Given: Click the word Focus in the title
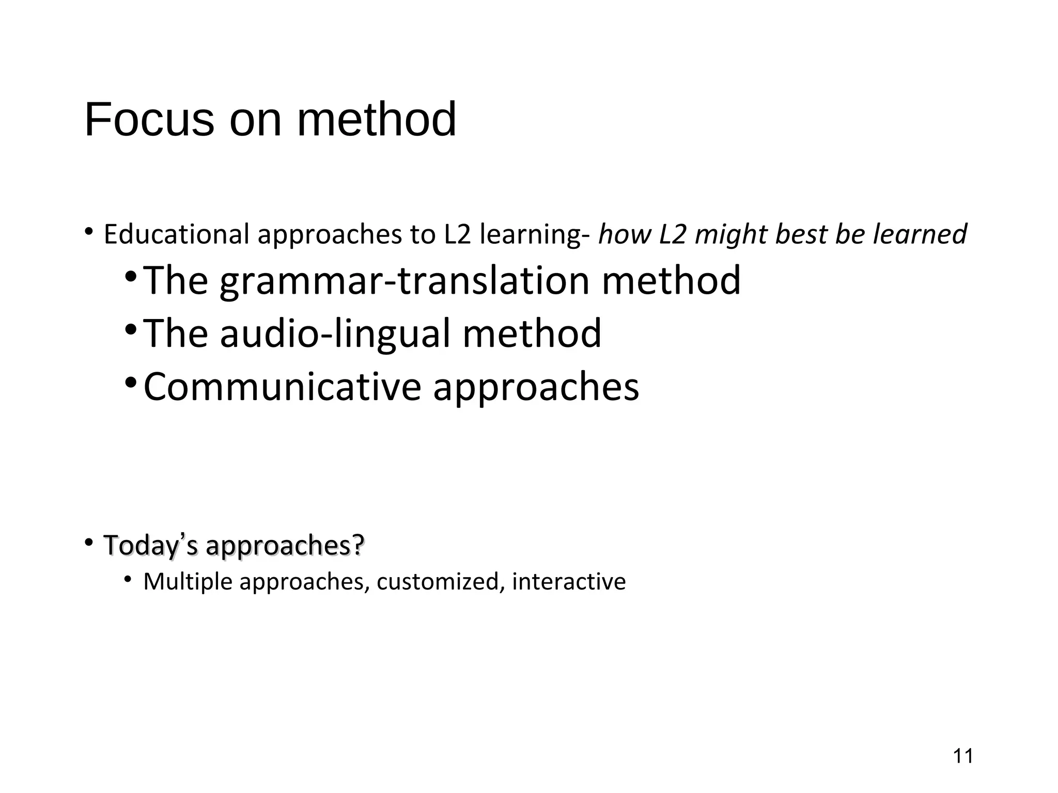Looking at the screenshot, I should tap(149, 120).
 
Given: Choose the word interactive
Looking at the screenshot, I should tap(569, 581).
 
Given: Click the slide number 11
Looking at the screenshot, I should tap(963, 756).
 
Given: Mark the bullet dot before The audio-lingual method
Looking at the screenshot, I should tap(131, 328).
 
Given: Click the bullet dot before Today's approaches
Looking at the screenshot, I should tap(89, 542).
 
